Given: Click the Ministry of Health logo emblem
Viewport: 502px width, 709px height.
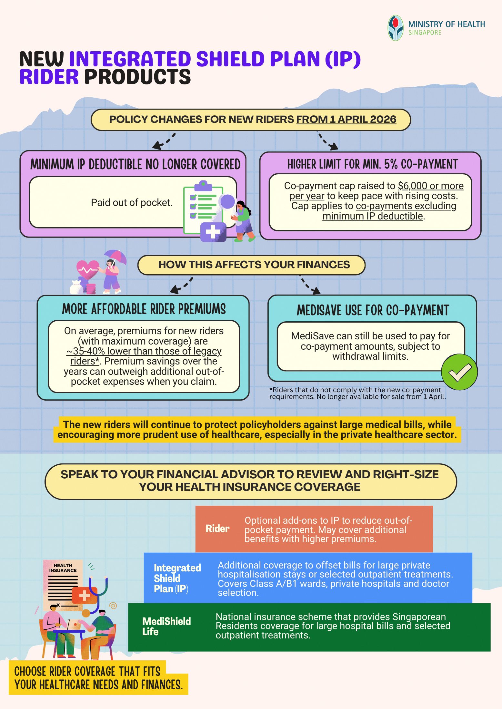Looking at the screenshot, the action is pyautogui.click(x=395, y=28).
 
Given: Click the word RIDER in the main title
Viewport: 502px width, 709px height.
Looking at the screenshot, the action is pyautogui.click(x=49, y=77).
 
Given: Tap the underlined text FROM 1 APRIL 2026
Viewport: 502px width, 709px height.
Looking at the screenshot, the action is pyautogui.click(x=346, y=120).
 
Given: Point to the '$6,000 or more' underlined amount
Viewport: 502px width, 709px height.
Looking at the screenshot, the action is pyautogui.click(x=431, y=186).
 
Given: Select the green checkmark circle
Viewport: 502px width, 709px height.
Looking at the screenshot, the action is pyautogui.click(x=459, y=372).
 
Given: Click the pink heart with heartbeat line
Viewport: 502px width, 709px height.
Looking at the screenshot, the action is pyautogui.click(x=87, y=269).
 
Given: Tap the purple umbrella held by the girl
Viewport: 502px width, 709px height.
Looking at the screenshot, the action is pyautogui.click(x=115, y=257).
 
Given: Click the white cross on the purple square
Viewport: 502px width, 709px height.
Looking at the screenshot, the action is pyautogui.click(x=213, y=231).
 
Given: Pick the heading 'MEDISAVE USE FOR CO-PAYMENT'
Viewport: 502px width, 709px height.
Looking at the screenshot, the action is pyautogui.click(x=373, y=310).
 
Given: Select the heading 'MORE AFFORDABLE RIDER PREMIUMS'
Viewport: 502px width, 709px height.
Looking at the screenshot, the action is pyautogui.click(x=144, y=309).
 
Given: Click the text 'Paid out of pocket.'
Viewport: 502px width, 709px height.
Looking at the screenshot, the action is pyautogui.click(x=132, y=203).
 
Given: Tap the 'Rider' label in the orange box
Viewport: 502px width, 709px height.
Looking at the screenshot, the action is pyautogui.click(x=217, y=529).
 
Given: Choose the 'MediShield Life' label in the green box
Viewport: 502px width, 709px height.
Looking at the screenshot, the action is pyautogui.click(x=166, y=626).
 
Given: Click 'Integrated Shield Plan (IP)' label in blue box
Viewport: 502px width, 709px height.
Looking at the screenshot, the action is pyautogui.click(x=177, y=578).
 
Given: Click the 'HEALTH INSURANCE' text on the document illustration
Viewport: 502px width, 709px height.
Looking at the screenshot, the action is pyautogui.click(x=63, y=568).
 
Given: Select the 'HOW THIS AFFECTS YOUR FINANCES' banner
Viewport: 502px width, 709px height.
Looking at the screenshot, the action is pyautogui.click(x=251, y=265).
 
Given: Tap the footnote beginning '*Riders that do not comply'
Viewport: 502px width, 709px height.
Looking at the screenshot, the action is pyautogui.click(x=357, y=393).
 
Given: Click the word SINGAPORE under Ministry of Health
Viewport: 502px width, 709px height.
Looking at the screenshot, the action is pyautogui.click(x=425, y=33).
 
